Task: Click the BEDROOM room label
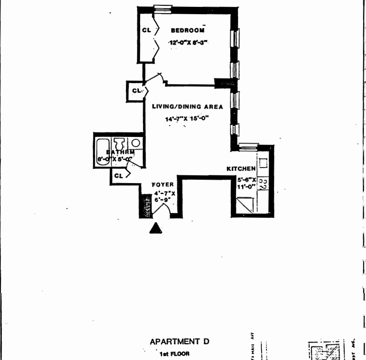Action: (x=187, y=30)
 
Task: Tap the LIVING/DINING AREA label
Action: (x=187, y=107)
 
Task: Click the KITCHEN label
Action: (x=241, y=168)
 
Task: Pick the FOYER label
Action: (x=163, y=185)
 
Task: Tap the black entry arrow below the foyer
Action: (x=156, y=228)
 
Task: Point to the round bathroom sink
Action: (x=136, y=143)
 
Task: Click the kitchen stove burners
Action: (x=262, y=184)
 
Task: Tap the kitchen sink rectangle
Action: (x=263, y=163)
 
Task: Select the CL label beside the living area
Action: (x=136, y=90)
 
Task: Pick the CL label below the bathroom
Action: (x=118, y=176)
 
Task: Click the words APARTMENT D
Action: (x=180, y=341)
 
